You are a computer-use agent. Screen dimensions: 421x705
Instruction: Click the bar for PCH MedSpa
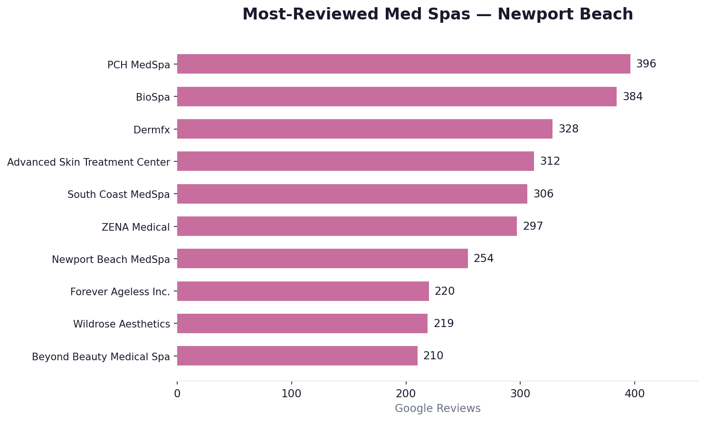403,64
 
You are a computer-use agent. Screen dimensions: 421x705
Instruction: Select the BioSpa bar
397,97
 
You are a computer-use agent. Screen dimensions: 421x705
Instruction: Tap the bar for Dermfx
364,129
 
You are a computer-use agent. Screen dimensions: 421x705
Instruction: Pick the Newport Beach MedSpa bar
322,259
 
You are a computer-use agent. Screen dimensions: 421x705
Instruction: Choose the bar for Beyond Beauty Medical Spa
297,356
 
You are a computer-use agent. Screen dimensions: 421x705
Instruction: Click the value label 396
646,64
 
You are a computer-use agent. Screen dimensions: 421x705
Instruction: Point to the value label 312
550,161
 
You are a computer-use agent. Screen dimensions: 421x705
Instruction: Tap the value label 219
444,324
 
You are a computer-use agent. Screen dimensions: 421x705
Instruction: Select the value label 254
484,259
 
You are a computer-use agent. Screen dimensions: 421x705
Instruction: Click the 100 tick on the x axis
291,393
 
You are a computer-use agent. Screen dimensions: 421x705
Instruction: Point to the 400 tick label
635,393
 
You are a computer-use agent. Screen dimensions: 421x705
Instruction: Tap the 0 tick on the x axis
177,393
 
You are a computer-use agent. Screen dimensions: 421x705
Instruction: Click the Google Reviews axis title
438,409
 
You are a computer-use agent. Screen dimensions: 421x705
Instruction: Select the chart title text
438,14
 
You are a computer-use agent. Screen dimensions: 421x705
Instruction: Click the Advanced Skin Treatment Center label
88,162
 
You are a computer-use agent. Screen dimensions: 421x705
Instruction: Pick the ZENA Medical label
135,227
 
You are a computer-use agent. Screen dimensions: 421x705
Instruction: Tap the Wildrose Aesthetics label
121,324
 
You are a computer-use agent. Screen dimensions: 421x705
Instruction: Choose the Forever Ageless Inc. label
120,292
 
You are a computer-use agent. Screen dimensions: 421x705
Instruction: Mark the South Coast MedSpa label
118,195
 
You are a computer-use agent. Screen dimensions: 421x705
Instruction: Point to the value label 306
543,194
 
